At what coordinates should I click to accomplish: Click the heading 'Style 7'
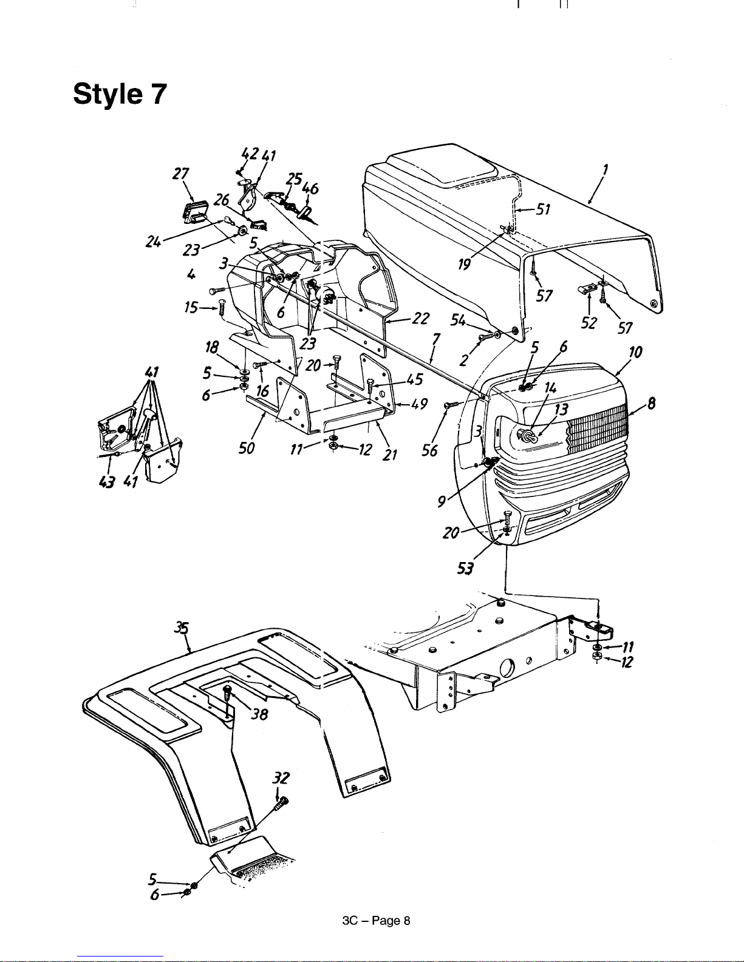tap(120, 93)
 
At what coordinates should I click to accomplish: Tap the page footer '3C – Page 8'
tap(376, 921)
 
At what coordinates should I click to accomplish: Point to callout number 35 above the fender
tap(181, 628)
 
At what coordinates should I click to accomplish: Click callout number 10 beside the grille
tap(635, 353)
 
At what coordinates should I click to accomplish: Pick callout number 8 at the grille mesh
tap(651, 403)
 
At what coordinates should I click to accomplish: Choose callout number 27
tap(181, 174)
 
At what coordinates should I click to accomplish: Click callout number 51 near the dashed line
tap(543, 209)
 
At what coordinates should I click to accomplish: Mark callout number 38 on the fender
tap(259, 714)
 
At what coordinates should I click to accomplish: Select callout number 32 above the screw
tap(281, 777)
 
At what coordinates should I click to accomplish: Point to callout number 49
tap(419, 404)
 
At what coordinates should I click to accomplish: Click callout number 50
tap(247, 448)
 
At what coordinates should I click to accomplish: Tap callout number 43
tap(106, 482)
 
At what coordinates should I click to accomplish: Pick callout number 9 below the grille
tap(442, 501)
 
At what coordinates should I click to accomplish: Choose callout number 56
tap(429, 451)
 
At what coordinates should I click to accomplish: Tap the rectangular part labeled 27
tap(196, 211)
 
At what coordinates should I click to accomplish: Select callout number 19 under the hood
tap(464, 265)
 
